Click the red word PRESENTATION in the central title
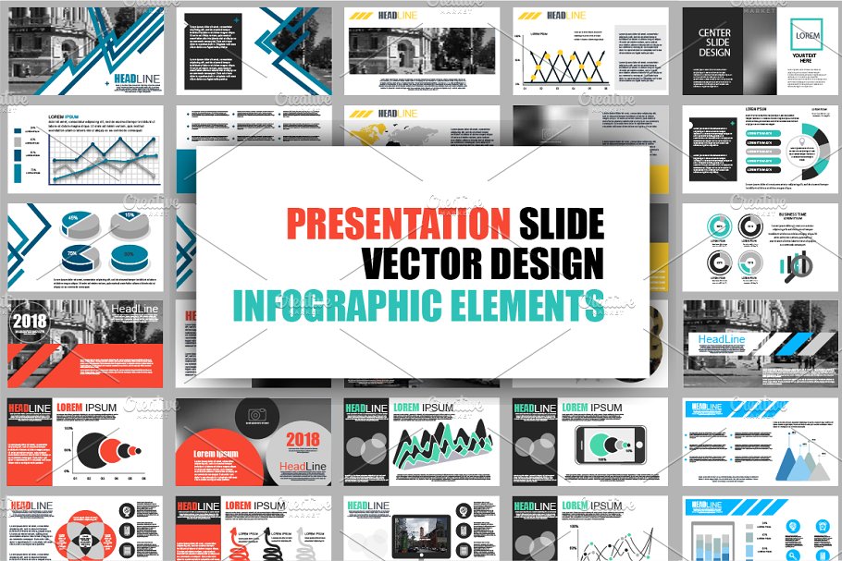click(x=398, y=224)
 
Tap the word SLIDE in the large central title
click(x=562, y=224)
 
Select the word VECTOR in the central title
click(x=418, y=264)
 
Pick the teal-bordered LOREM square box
click(x=807, y=36)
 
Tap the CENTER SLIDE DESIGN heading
click(x=714, y=43)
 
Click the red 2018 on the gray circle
click(x=303, y=440)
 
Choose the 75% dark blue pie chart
click(x=70, y=256)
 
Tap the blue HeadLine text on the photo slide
click(x=722, y=340)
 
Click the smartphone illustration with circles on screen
click(x=606, y=445)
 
